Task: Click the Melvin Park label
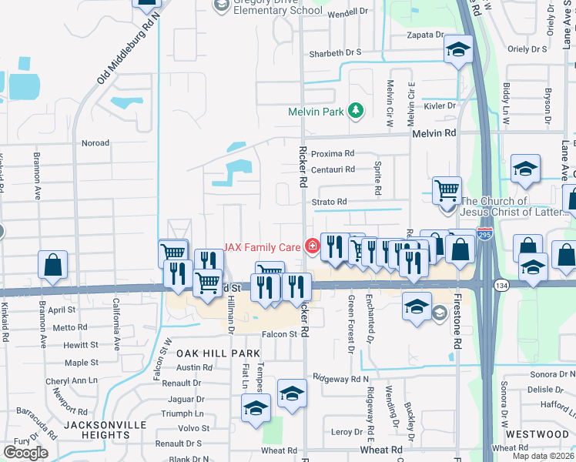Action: click(316, 112)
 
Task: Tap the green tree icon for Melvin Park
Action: click(356, 112)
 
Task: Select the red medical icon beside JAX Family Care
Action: click(312, 246)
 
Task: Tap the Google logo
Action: click(25, 452)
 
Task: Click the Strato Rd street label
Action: click(330, 202)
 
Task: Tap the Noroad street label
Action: click(95, 143)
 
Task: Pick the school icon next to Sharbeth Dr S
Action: click(458, 50)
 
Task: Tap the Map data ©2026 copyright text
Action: click(544, 456)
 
